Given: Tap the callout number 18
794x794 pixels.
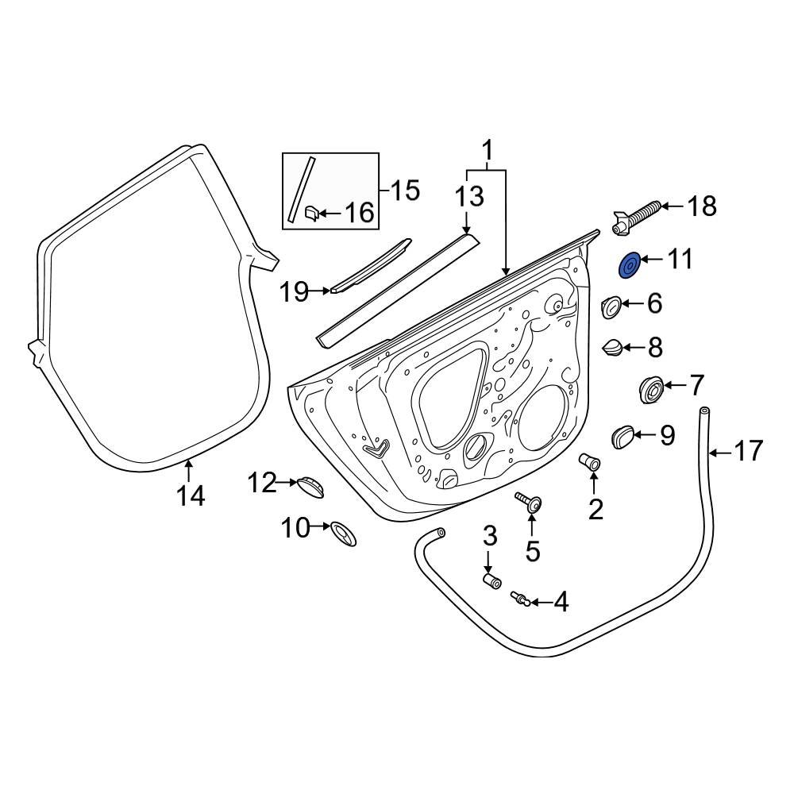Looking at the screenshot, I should coord(702,206).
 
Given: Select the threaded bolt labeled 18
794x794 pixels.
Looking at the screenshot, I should coord(634,216).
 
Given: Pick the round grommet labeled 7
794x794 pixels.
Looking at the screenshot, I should coord(652,390).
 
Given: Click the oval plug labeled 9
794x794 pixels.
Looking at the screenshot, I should coord(623,435).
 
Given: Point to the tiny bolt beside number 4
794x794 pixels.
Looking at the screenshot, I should coord(519,597).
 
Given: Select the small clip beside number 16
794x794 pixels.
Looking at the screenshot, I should coord(311,213).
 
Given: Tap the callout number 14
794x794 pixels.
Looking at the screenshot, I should coord(191,496).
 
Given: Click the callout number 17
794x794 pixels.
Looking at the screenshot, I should coord(748,452).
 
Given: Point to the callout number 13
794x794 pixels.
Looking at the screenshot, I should coord(468,196).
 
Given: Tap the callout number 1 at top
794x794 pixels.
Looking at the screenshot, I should coord(488,149).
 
